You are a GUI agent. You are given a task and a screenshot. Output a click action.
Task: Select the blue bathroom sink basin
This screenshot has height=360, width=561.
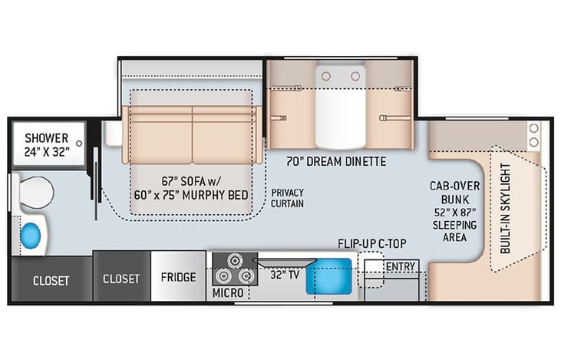click(x=32, y=233)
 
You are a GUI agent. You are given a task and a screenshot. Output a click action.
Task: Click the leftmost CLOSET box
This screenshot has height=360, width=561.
click(x=50, y=279)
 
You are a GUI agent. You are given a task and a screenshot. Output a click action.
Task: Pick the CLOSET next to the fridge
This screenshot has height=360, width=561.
click(x=121, y=278)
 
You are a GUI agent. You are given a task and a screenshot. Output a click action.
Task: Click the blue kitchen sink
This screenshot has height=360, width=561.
click(x=328, y=277)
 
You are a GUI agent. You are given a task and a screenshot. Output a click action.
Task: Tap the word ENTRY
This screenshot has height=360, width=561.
click(x=401, y=266)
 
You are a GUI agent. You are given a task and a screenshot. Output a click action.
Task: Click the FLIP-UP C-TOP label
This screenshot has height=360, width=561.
click(x=372, y=244)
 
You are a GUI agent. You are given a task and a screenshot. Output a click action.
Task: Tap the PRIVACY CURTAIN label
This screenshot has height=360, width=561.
click(x=288, y=197)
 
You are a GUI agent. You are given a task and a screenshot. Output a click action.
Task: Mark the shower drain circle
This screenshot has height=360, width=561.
click(x=78, y=144)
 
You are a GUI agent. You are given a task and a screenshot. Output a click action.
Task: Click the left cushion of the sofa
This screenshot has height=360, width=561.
click(x=160, y=134)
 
